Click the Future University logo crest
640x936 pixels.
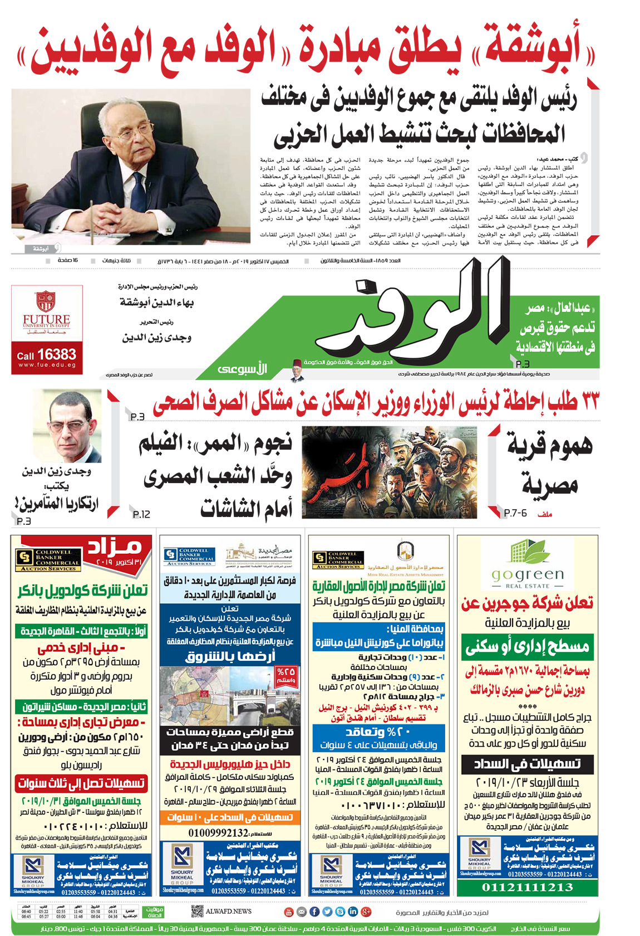point(46,301)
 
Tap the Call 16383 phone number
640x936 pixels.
point(47,354)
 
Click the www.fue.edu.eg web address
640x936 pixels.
point(47,365)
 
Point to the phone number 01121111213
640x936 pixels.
point(526,887)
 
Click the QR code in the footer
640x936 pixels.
point(197,911)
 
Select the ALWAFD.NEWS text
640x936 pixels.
point(229,911)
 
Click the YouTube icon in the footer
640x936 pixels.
point(288,912)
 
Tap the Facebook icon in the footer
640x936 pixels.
point(314,912)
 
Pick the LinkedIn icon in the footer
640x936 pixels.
point(352,912)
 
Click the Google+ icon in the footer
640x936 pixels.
point(366,912)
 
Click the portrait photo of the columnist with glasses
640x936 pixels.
point(67,426)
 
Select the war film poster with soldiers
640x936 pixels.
point(389,472)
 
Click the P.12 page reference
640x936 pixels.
point(141,514)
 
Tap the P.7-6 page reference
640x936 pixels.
point(515,513)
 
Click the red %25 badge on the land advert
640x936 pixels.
point(285,675)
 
